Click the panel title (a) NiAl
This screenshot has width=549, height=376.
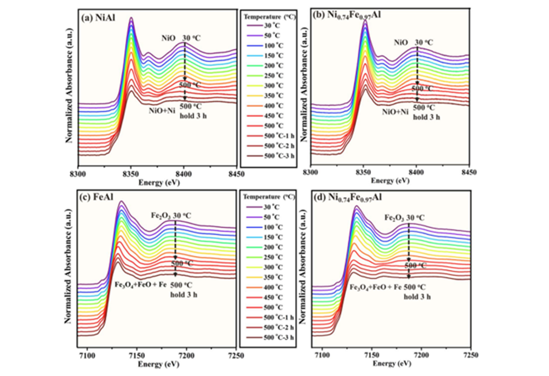[x=100, y=18]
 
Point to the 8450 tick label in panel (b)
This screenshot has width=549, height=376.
[x=468, y=173]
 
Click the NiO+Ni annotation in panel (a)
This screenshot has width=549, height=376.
[x=162, y=110]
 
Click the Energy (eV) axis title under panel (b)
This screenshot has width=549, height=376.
[x=389, y=181]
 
